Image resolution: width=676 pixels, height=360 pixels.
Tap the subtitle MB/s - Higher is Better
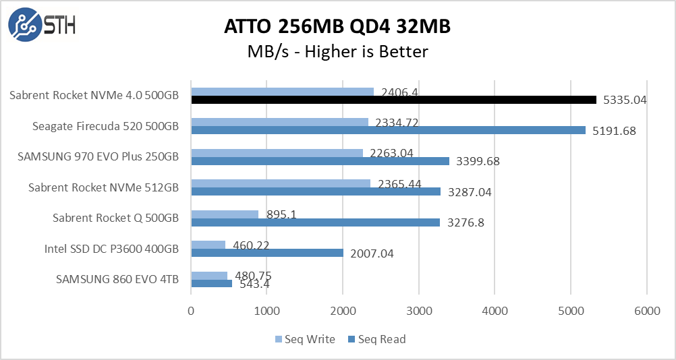(x=337, y=51)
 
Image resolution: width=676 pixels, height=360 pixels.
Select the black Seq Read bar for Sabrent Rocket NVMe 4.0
(x=394, y=100)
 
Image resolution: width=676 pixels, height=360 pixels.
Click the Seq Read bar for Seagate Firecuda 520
(x=388, y=130)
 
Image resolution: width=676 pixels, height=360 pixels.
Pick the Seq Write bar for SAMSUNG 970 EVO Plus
(x=277, y=153)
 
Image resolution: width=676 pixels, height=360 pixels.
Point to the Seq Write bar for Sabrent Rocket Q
(x=225, y=214)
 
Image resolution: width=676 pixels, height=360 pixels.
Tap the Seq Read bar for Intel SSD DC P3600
(x=267, y=253)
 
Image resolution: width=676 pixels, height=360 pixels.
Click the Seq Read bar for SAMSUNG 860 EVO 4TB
(x=212, y=284)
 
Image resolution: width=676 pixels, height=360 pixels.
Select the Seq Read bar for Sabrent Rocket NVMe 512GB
(x=316, y=191)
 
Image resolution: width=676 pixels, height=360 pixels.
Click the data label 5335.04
(x=624, y=100)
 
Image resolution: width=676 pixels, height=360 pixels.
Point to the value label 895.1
(x=280, y=214)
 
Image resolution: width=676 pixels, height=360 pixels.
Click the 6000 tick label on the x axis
(x=646, y=312)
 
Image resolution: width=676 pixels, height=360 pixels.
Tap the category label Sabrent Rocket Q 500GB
(x=115, y=218)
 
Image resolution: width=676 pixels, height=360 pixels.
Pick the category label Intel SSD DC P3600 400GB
(x=111, y=249)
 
